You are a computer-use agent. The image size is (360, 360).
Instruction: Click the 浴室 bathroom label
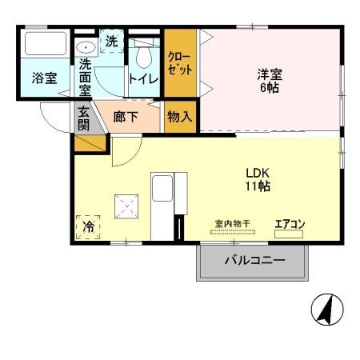click(44, 78)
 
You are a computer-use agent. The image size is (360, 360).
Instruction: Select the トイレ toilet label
click(142, 78)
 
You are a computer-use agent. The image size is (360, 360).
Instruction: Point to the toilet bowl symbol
click(143, 56)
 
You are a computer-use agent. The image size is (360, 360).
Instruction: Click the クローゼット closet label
click(180, 62)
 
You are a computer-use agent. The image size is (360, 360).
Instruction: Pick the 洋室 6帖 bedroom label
click(269, 81)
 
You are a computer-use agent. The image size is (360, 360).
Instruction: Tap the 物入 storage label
click(179, 116)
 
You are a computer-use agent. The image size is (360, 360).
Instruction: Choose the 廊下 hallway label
click(127, 117)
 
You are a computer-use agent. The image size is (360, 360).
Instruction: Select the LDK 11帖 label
click(257, 179)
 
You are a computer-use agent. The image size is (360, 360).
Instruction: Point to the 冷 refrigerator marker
click(88, 227)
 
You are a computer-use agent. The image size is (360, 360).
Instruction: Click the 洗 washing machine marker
click(112, 41)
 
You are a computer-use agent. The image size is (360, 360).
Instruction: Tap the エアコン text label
click(290, 224)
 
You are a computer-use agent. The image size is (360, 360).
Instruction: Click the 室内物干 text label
click(233, 224)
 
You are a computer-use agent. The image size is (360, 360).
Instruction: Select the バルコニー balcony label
click(254, 261)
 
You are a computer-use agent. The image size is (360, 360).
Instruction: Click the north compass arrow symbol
click(326, 310)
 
